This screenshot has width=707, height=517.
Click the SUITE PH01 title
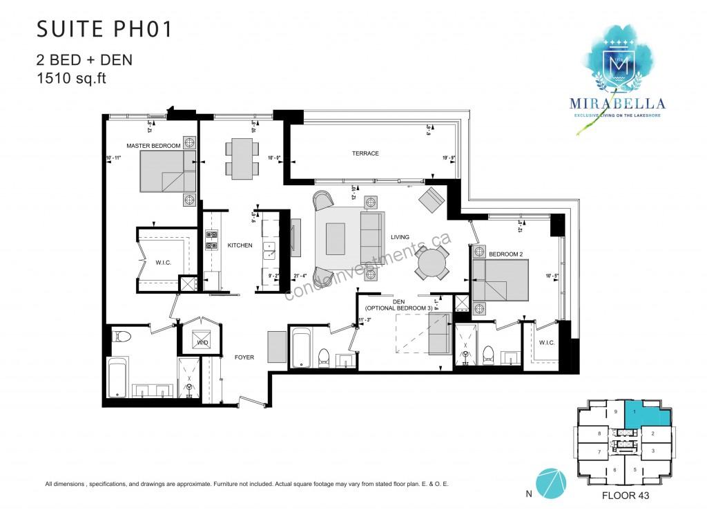[x=103, y=29]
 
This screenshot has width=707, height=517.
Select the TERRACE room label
[x=364, y=153]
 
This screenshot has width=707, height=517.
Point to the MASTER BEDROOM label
[x=153, y=146]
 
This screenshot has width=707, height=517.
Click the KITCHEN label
[x=240, y=245]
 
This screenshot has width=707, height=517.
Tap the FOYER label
[x=244, y=357]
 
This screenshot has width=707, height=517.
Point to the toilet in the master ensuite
[x=122, y=337]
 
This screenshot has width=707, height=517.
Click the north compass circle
[x=550, y=482]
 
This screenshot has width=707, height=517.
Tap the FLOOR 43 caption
[x=625, y=496]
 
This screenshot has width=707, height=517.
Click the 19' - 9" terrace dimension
[x=449, y=158]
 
